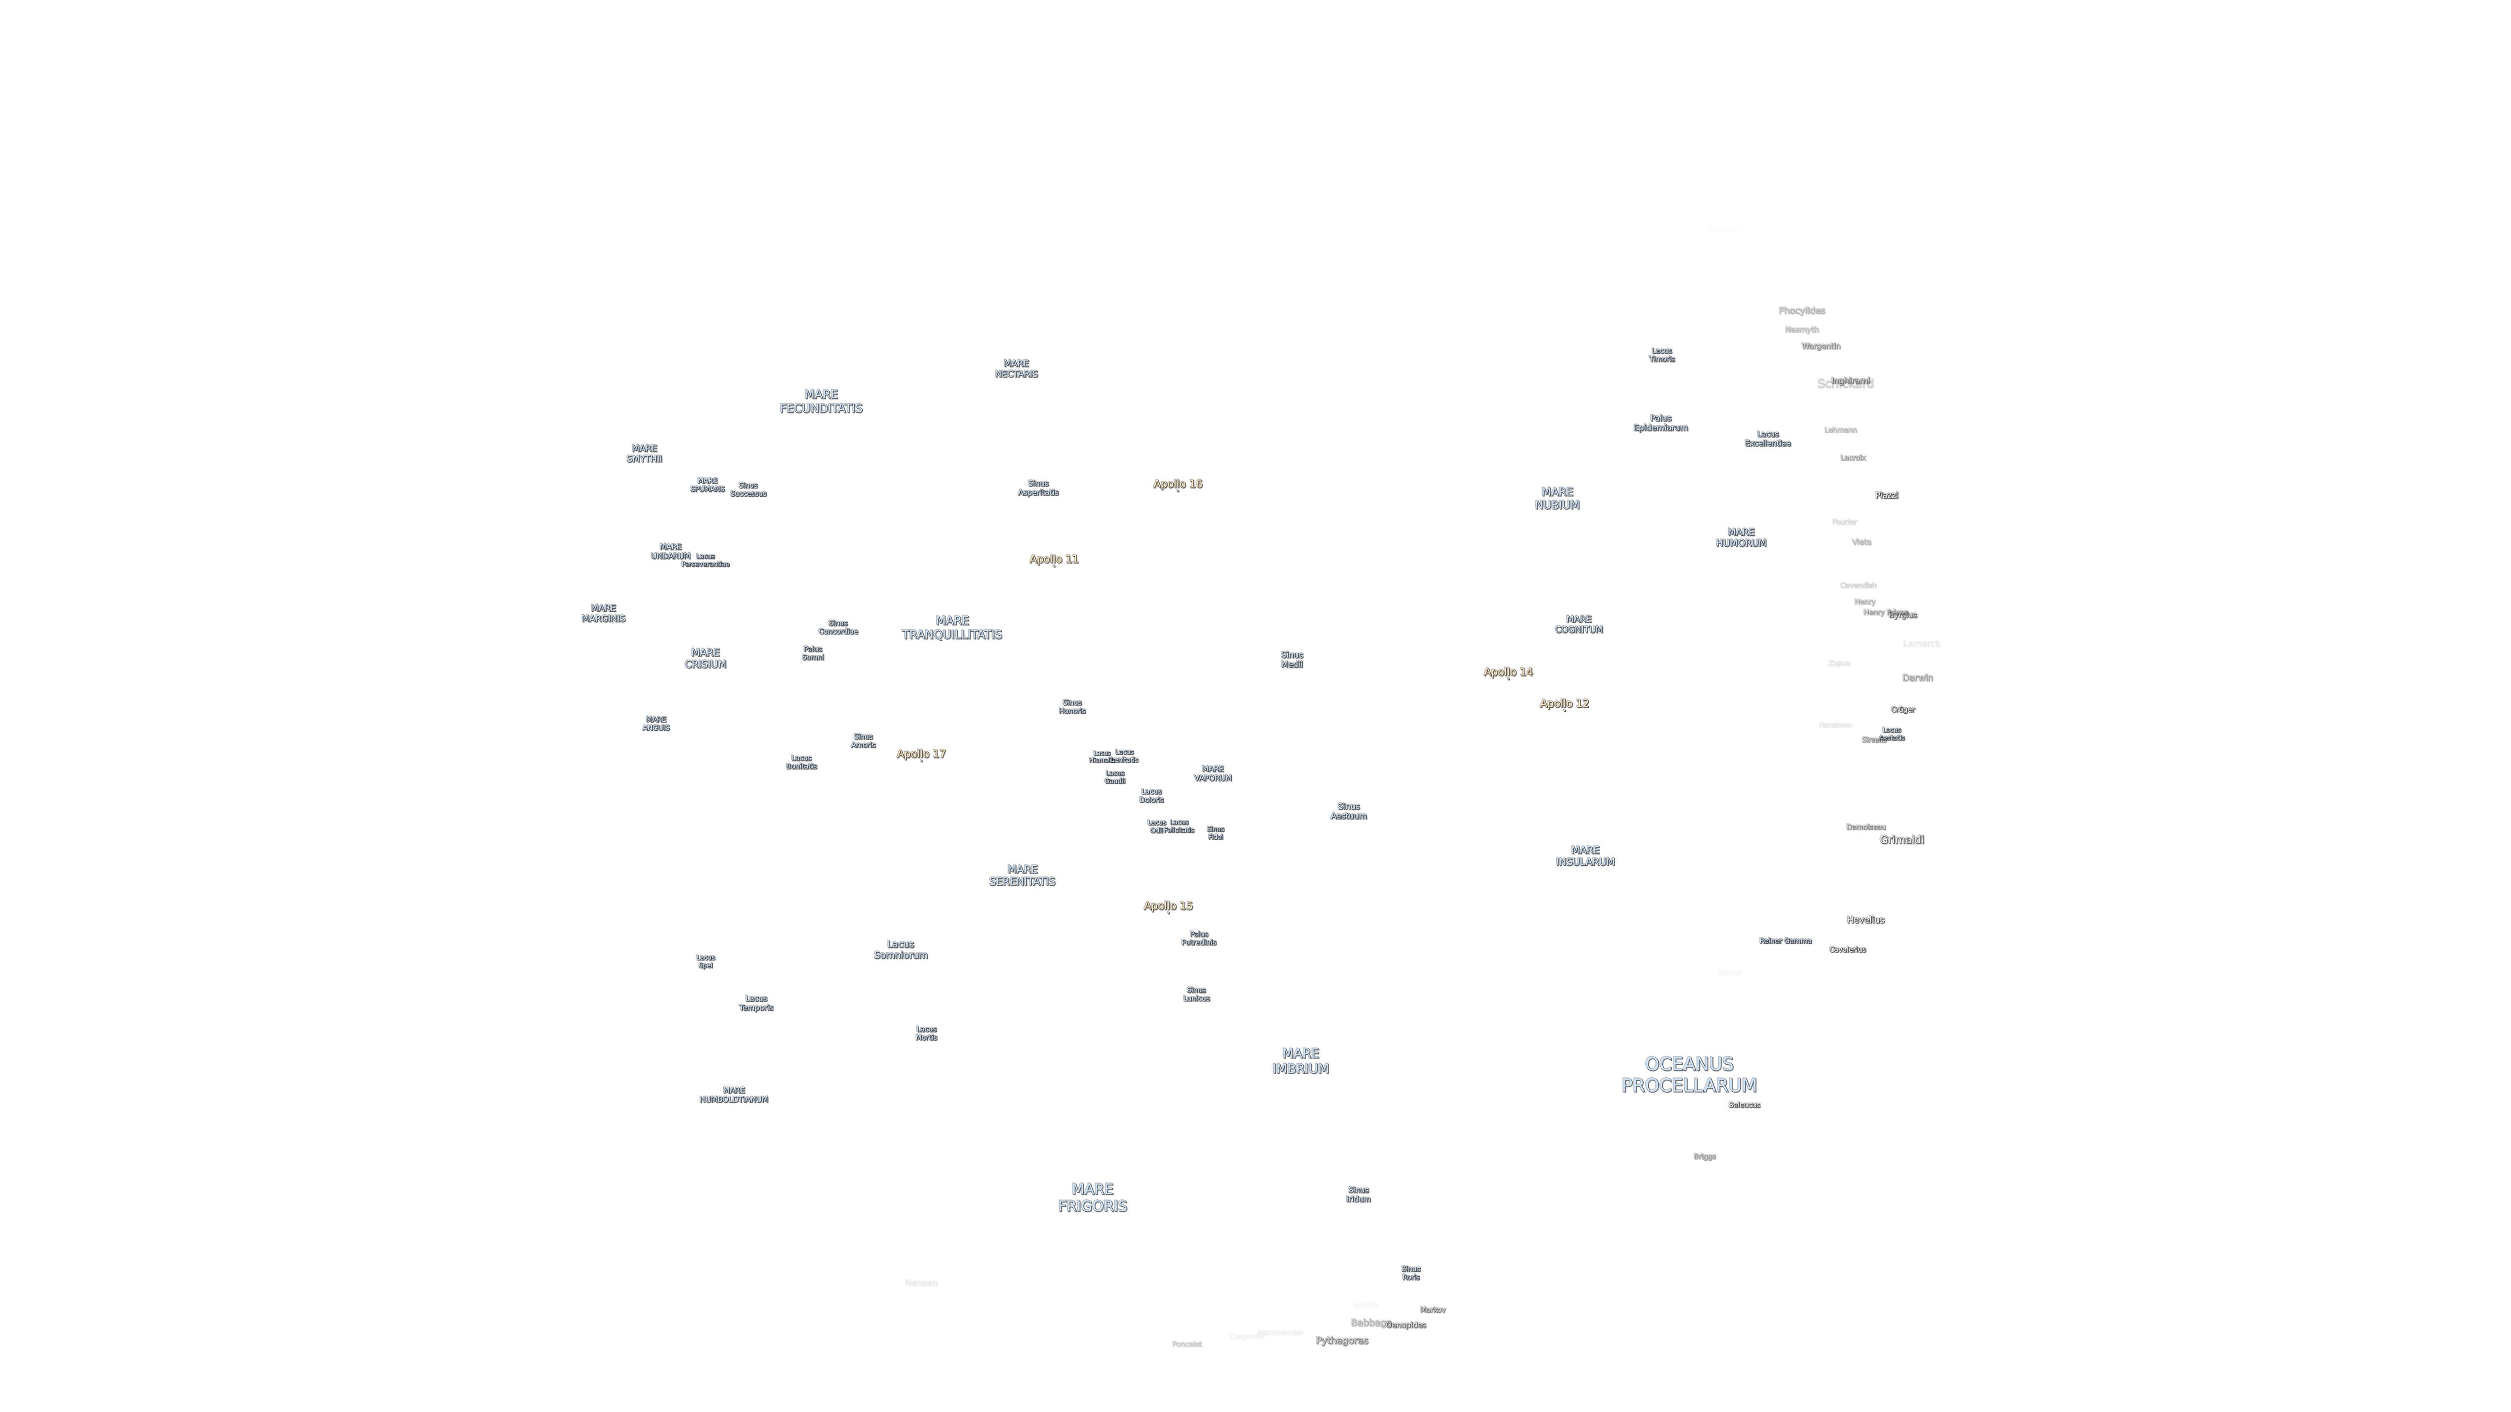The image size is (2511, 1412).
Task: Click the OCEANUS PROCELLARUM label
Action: pyautogui.click(x=1688, y=1074)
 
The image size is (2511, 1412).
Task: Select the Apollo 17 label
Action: pyautogui.click(x=920, y=753)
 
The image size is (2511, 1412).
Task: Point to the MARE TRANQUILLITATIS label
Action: pyautogui.click(x=951, y=628)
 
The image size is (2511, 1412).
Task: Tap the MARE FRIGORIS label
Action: pyautogui.click(x=1092, y=1197)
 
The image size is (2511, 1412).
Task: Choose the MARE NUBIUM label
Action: pyautogui.click(x=1557, y=498)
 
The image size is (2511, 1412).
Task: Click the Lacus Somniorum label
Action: pyautogui.click(x=900, y=949)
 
